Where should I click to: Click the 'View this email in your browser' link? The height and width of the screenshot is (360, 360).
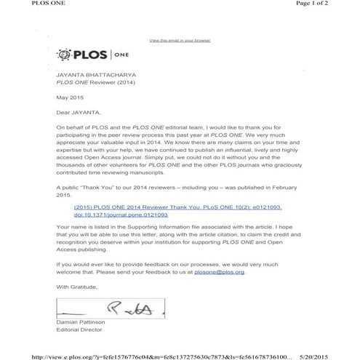[x=180, y=40]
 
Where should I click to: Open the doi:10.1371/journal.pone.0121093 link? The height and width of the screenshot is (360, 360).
[x=121, y=215]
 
